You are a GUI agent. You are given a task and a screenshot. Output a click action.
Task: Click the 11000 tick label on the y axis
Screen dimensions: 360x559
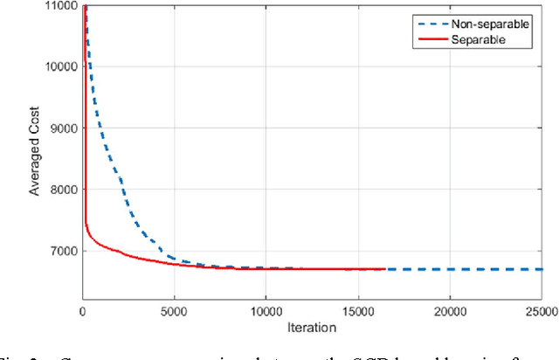(x=60, y=5)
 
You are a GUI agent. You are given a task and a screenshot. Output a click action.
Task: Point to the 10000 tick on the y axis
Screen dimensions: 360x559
(x=60, y=66)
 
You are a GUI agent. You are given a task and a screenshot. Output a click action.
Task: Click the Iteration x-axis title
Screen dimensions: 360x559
(x=312, y=327)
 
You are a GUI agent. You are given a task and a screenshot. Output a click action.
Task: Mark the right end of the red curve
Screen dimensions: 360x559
(x=384, y=269)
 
